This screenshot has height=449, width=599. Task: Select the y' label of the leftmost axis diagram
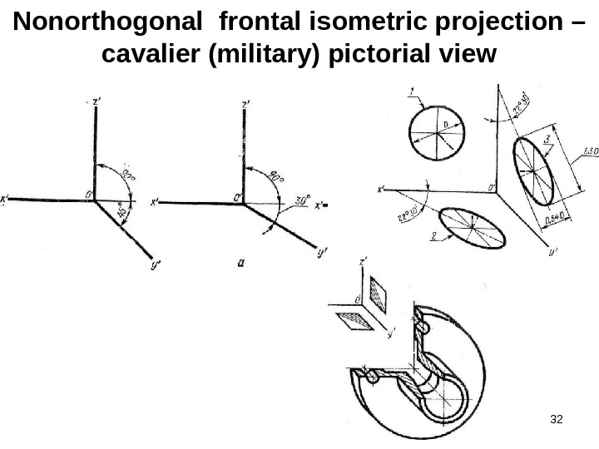click(156, 266)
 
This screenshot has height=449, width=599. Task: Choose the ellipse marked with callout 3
click(532, 171)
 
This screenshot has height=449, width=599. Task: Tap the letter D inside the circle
click(444, 124)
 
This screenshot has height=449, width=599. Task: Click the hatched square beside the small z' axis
click(379, 294)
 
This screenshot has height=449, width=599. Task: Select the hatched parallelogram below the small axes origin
click(349, 318)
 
